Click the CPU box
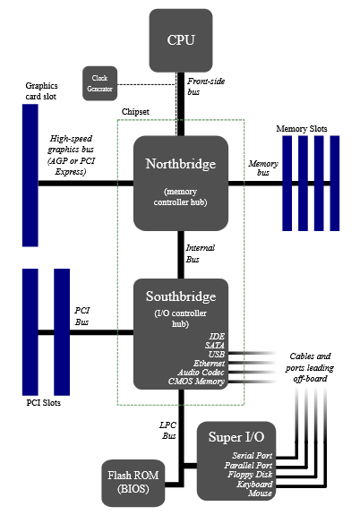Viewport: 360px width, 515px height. [180, 39]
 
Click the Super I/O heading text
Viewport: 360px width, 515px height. [236, 437]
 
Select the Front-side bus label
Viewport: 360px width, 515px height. [204, 86]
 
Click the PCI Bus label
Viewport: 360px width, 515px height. [81, 315]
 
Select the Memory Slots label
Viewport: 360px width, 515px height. [307, 129]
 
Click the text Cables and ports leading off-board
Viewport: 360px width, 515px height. [312, 365]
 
